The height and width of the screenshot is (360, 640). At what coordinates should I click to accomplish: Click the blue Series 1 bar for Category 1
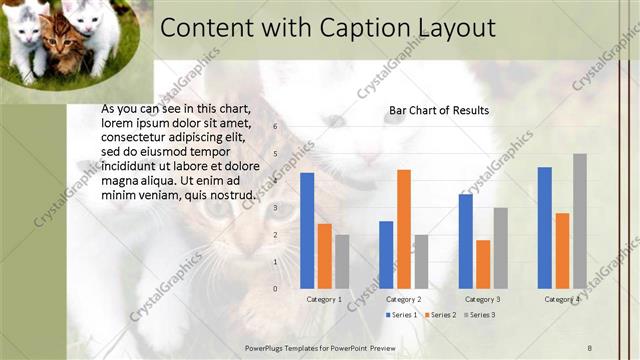[x=307, y=231]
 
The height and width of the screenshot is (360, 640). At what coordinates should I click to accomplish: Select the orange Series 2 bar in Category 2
[x=404, y=229]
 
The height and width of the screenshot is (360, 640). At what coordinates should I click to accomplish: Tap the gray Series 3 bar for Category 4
[x=580, y=221]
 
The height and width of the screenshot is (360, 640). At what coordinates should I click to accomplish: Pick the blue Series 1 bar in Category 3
[x=466, y=241]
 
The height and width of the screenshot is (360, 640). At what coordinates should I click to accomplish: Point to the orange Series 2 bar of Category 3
[x=483, y=264]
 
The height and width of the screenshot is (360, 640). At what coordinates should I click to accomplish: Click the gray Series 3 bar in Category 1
[x=342, y=261]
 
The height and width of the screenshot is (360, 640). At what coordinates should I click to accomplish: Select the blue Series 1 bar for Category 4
[x=545, y=227]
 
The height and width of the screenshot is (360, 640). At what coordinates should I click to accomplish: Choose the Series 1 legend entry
[x=401, y=315]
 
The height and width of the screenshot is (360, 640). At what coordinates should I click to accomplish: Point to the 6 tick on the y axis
[x=276, y=128]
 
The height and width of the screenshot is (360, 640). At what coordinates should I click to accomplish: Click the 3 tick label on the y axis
[x=276, y=208]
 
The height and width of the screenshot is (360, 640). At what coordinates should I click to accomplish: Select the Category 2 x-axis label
[x=403, y=299]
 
